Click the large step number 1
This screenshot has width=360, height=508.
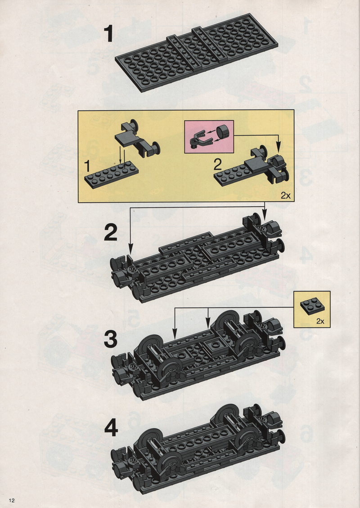pyautogui.click(x=109, y=34)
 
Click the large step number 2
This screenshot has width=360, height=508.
pyautogui.click(x=110, y=233)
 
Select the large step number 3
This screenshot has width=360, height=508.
pyautogui.click(x=110, y=340)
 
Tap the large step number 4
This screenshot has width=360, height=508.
pyautogui.click(x=111, y=428)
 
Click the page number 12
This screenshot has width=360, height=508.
pyautogui.click(x=12, y=500)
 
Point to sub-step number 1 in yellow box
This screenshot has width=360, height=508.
pyautogui.click(x=87, y=167)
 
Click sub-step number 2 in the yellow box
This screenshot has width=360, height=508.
pyautogui.click(x=217, y=165)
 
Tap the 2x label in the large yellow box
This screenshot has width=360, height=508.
pyautogui.click(x=286, y=195)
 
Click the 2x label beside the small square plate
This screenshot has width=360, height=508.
pyautogui.click(x=320, y=321)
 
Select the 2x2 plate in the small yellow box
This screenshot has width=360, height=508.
pyautogui.click(x=312, y=306)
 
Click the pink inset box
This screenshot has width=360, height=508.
pyautogui.click(x=209, y=137)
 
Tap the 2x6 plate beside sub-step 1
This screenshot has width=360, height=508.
pyautogui.click(x=111, y=175)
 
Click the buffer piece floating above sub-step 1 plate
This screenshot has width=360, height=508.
pyautogui.click(x=138, y=138)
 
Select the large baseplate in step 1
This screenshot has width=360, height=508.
pyautogui.click(x=197, y=53)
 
